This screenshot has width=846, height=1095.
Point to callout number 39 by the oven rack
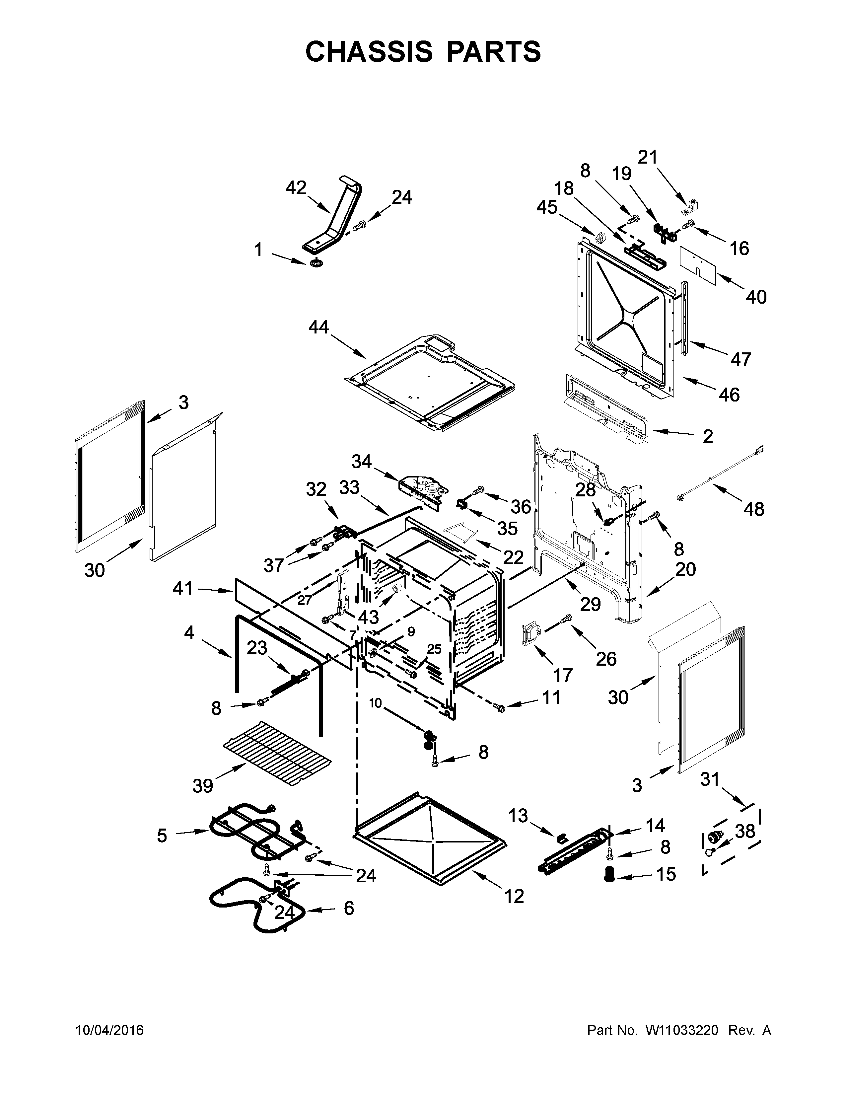coord(203,786)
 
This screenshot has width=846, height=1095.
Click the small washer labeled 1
coord(316,263)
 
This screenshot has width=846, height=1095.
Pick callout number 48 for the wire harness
coord(753,509)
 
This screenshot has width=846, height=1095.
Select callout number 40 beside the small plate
coord(756,297)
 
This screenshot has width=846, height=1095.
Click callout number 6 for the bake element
coord(349,908)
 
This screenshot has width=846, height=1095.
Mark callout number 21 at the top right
coord(647,157)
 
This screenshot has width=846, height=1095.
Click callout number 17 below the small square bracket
coord(562,675)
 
